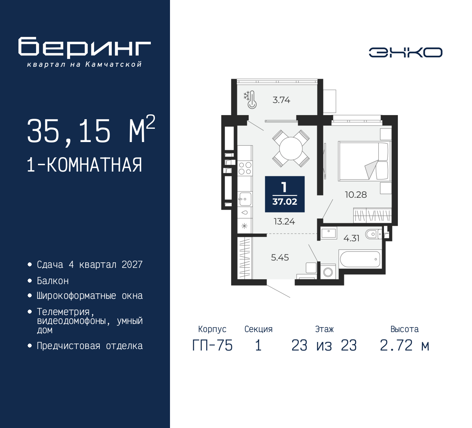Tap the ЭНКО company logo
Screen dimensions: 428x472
coord(405,52)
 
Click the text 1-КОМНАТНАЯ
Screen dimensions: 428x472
coord(84,165)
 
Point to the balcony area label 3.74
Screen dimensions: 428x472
coord(281,100)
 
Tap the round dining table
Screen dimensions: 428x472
coord(291,149)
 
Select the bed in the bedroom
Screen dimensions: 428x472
coord(363,161)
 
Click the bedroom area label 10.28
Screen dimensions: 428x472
coord(355,195)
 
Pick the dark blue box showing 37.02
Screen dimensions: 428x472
coord(285,194)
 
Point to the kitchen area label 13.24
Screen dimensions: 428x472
coord(284,221)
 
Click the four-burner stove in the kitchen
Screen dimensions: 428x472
coord(245,168)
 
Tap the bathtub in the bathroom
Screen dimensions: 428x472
coord(360,259)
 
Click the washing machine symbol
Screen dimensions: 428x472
coord(328,272)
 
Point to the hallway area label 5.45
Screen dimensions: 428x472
coord(280,258)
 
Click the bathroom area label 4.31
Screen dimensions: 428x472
coord(351,238)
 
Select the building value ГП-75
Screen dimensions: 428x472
coord(212,346)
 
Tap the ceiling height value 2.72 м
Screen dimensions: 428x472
coord(405,346)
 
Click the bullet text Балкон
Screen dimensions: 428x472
coord(53,281)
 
